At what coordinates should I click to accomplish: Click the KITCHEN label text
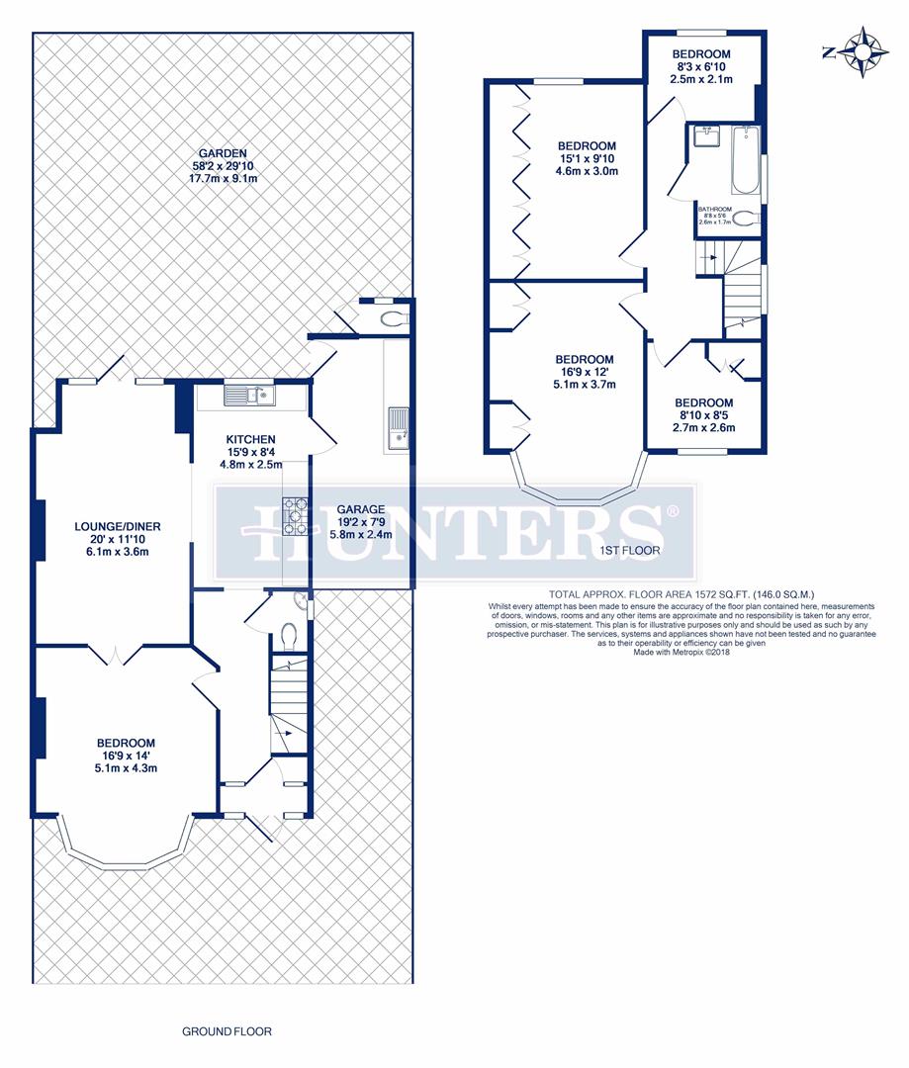tap(250, 439)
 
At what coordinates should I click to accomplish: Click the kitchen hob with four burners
tap(296, 515)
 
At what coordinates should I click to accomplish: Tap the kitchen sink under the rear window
tap(241, 397)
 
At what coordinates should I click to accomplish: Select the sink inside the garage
tap(399, 426)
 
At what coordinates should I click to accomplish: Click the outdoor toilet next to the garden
tap(393, 318)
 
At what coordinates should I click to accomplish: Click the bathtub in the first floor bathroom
tap(746, 158)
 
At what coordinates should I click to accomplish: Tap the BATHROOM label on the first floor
tap(714, 210)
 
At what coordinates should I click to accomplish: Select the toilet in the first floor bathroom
tap(746, 219)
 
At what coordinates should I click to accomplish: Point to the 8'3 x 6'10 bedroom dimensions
tap(701, 66)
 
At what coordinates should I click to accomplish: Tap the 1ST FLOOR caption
tap(629, 550)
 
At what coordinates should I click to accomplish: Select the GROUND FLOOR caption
tap(227, 1031)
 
